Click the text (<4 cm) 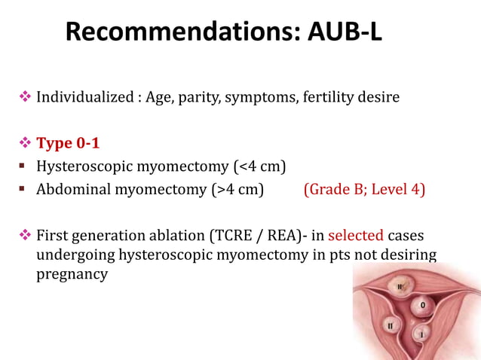pyautogui.click(x=259, y=166)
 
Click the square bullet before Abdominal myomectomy pyautogui.click(x=23, y=189)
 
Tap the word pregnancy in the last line pyautogui.click(x=72, y=273)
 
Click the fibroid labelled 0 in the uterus pyautogui.click(x=422, y=305)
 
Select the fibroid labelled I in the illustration pyautogui.click(x=421, y=331)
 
